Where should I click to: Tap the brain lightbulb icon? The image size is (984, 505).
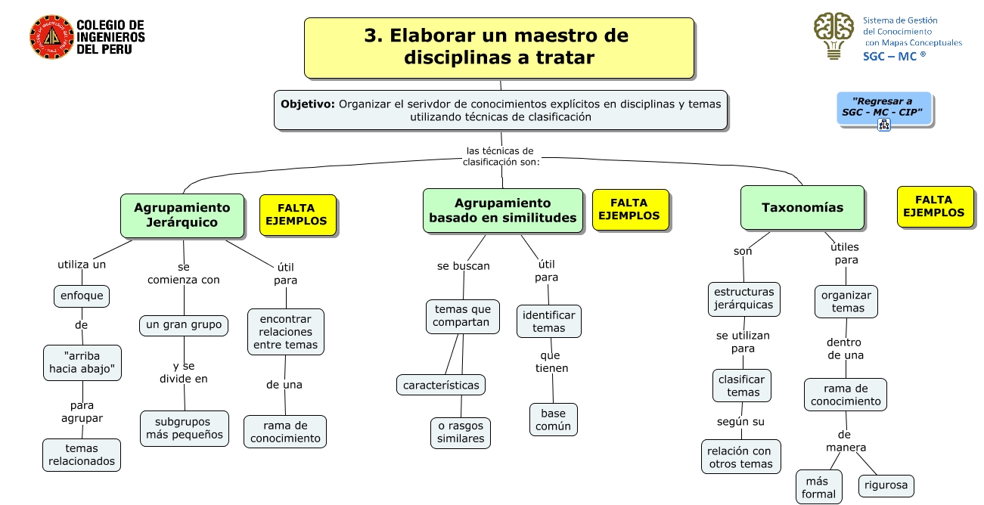click(x=833, y=35)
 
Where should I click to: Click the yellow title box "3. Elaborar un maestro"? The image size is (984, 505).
click(x=498, y=47)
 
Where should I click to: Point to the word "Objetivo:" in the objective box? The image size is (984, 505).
click(x=308, y=104)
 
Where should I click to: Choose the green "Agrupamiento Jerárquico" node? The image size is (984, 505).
click(x=182, y=215)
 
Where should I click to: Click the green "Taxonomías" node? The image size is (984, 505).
click(x=802, y=208)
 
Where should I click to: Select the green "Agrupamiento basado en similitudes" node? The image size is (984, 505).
click(x=503, y=210)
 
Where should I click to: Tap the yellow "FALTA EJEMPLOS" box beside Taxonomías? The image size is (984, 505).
click(x=933, y=206)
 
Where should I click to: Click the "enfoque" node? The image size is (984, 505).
click(x=82, y=296)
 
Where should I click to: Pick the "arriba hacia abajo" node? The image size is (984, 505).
click(x=82, y=363)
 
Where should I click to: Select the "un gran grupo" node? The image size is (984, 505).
click(x=184, y=325)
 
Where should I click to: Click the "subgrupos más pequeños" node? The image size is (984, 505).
click(x=184, y=428)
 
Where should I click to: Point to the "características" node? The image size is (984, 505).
click(x=441, y=385)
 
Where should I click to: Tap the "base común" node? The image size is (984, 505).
click(x=553, y=420)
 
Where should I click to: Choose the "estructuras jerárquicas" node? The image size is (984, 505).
click(x=743, y=299)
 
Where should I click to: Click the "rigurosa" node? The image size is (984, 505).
click(x=886, y=485)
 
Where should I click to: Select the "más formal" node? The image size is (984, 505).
click(x=818, y=488)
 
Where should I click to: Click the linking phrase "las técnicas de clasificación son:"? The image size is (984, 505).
click(x=500, y=156)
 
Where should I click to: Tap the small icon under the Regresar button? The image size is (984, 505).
click(x=883, y=125)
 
